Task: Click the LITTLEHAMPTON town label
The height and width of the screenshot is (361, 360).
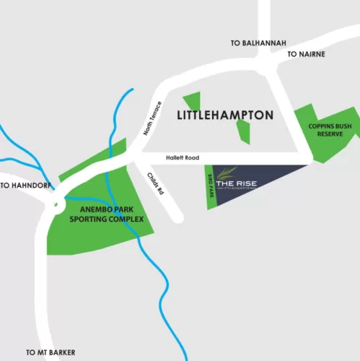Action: pyautogui.click(x=224, y=116)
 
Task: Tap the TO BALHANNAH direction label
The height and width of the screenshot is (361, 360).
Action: pyautogui.click(x=255, y=43)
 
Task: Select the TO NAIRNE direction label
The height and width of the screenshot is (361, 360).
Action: pyautogui.click(x=307, y=54)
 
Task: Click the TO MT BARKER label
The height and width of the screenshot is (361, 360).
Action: pyautogui.click(x=50, y=353)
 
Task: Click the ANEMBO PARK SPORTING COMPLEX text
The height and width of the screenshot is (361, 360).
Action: pyautogui.click(x=107, y=214)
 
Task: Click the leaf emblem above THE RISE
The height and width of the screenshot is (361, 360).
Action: pyautogui.click(x=227, y=171)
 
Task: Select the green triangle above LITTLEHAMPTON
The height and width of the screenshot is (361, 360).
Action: pyautogui.click(x=193, y=103)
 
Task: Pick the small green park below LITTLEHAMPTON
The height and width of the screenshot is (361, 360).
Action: pyautogui.click(x=243, y=131)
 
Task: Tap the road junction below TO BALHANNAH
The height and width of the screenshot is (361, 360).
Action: pyautogui.click(x=268, y=66)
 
